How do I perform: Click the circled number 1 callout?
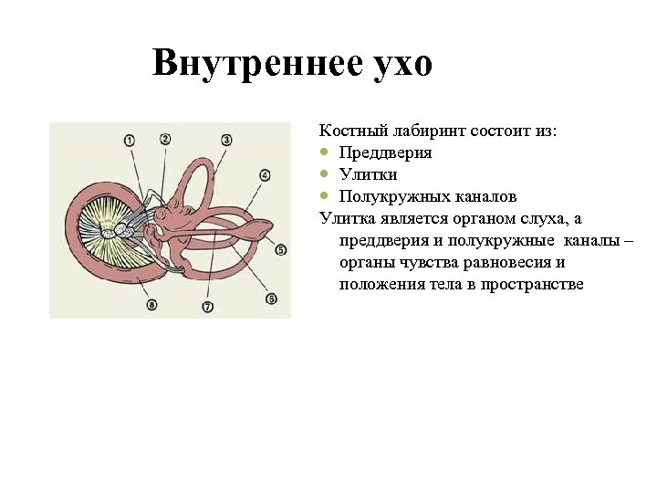coord(129,141)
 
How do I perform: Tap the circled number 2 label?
coord(165,139)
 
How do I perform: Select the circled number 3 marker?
coord(226,140)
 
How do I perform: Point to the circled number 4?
coord(265,174)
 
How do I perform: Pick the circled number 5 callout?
coord(281,249)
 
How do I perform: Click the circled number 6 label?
coord(271,298)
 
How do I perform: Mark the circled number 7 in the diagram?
coord(208,307)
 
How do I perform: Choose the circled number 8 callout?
coord(151,304)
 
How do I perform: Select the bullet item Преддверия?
coord(385,152)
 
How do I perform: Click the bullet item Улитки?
coord(368,174)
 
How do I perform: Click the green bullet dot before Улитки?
coord(324,174)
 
